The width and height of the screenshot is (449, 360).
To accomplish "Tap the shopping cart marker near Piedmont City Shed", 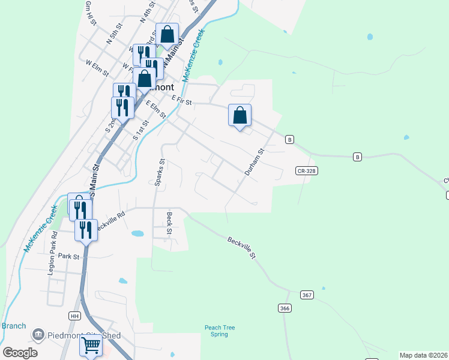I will pos(91,346).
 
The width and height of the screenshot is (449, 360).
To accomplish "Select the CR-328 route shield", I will pos(306,171).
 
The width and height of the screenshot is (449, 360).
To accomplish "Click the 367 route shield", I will pos(307,295).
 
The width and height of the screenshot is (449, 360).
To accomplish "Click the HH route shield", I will pos(74,316).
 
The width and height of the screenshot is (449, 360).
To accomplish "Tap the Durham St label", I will pos(254,163).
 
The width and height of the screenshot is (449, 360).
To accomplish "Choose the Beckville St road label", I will pos(241,247).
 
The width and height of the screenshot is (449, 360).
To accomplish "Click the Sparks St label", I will pos(160,172).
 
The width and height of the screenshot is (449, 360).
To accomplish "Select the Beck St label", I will pos(170,223).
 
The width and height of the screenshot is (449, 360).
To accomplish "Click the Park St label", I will pos(69,256).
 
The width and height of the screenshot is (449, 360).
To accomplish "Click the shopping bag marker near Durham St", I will pos(240,115).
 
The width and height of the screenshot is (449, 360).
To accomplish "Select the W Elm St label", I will pos(97,67).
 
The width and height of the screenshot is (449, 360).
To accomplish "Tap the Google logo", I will pos(20,353).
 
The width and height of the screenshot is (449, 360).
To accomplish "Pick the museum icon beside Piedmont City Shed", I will pos(38,334).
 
